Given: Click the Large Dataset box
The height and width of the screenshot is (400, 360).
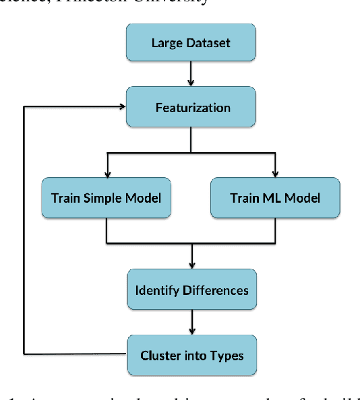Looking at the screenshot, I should click(x=191, y=43).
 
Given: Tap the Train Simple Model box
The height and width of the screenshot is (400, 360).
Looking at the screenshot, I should click(x=107, y=198).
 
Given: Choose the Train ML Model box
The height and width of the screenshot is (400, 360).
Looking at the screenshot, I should click(x=274, y=198).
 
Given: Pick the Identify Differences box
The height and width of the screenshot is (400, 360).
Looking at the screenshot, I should click(x=191, y=290).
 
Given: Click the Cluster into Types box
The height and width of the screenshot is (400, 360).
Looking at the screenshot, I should click(x=191, y=355).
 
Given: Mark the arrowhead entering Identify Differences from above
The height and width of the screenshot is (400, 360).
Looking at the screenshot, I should click(x=192, y=265).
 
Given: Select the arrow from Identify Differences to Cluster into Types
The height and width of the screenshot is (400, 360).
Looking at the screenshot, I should click(x=192, y=322).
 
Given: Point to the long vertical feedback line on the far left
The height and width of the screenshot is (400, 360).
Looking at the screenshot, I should click(x=25, y=229).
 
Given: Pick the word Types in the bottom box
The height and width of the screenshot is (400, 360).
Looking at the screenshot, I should click(x=227, y=355).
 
